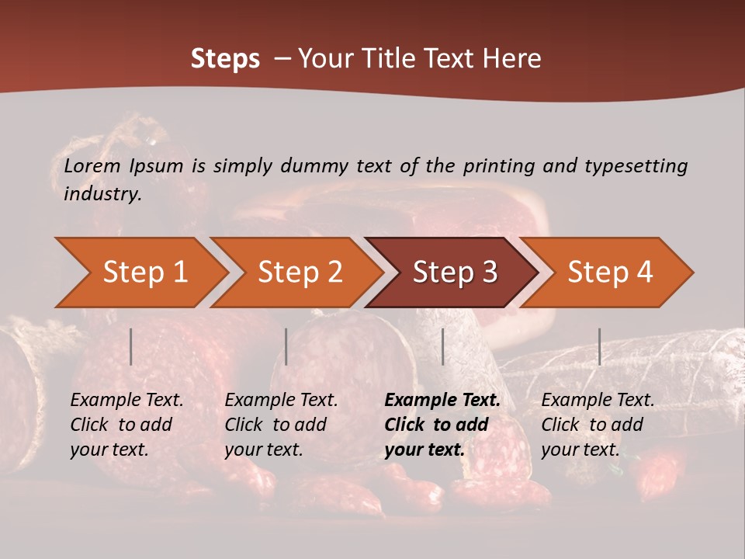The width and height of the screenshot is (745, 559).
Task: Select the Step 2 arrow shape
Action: [x=300, y=273]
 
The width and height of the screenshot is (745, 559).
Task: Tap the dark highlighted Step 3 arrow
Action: [x=455, y=273]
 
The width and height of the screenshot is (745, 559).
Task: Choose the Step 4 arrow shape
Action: [x=610, y=273]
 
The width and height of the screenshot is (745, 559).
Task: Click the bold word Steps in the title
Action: [x=225, y=59]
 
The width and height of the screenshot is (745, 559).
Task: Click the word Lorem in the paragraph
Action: [x=92, y=166]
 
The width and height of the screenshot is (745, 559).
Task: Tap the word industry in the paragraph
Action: [x=102, y=194]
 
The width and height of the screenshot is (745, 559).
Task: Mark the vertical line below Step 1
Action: [x=131, y=346]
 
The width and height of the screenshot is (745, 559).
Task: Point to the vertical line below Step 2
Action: [x=286, y=346]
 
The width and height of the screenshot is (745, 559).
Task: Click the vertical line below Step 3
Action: [x=442, y=346]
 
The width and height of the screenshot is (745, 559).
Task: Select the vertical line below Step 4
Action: [x=599, y=346]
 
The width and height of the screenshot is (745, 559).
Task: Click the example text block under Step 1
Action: [x=126, y=425]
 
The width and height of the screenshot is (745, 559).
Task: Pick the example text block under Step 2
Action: [x=281, y=425]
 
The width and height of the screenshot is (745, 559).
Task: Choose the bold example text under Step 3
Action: [x=442, y=425]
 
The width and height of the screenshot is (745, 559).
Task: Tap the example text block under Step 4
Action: [x=598, y=425]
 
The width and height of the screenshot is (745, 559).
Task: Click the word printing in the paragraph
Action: [x=496, y=166]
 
